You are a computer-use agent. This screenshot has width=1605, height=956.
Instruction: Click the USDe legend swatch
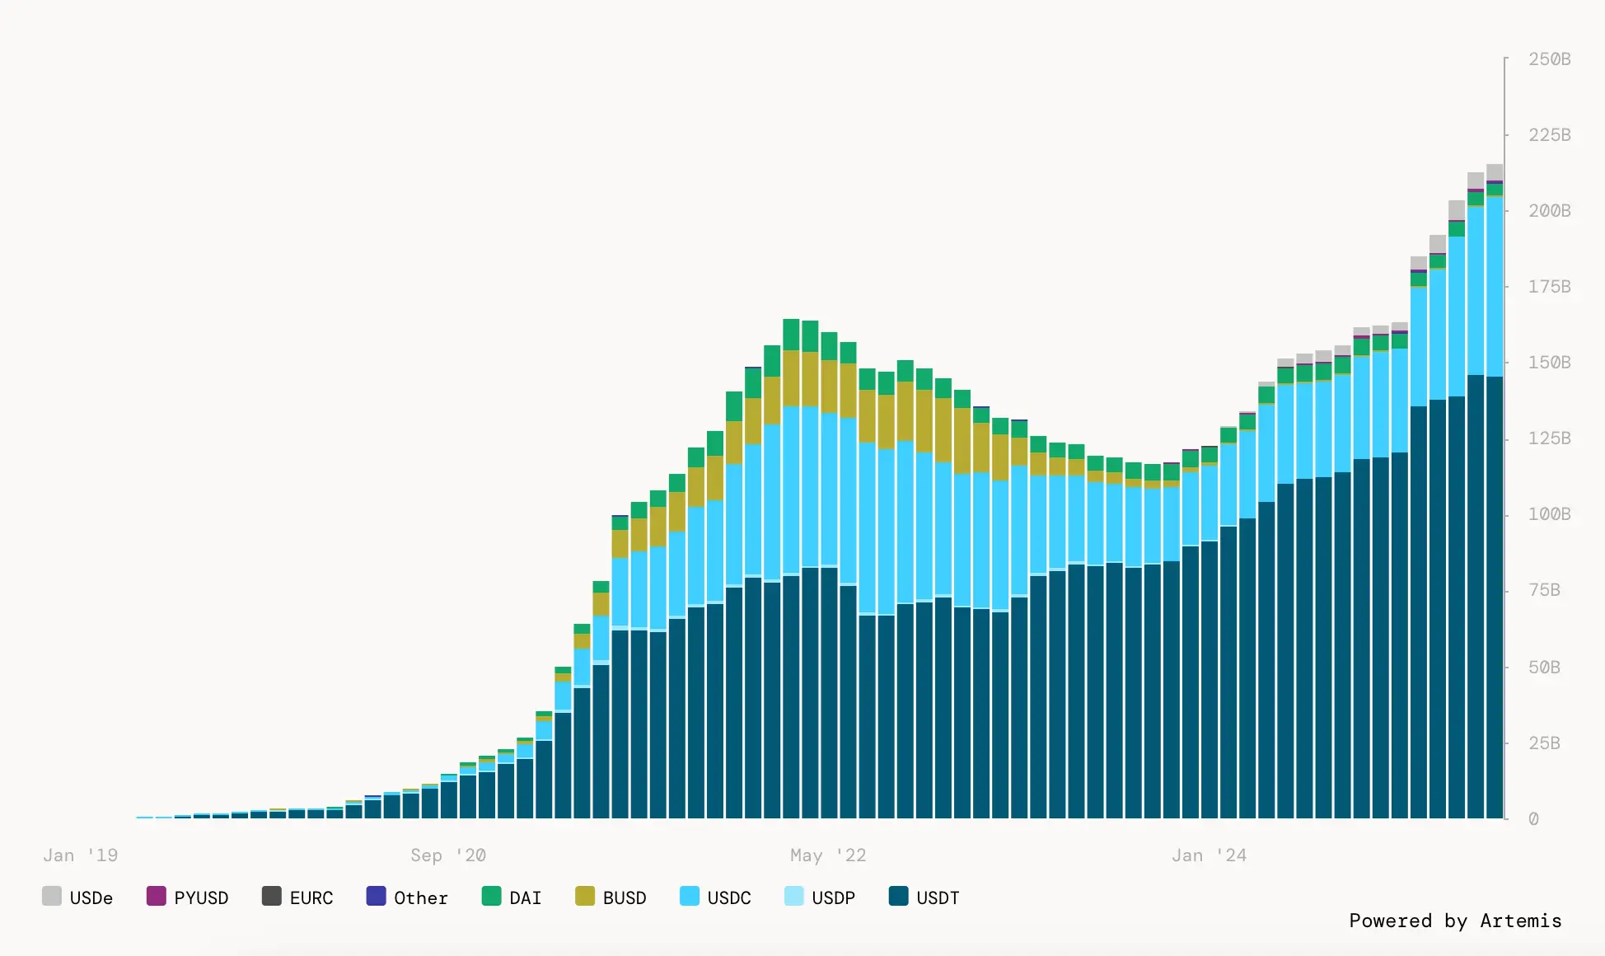[x=52, y=896]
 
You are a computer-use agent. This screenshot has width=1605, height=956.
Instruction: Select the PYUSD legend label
[x=201, y=897]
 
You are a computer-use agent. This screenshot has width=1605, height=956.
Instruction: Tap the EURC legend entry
[x=297, y=897]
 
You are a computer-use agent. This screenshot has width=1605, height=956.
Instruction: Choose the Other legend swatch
[x=376, y=896]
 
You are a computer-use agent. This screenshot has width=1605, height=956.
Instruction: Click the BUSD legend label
[x=625, y=897]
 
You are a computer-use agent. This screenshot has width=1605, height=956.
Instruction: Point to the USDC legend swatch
[x=690, y=896]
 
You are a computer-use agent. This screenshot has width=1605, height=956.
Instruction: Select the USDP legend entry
[x=820, y=897]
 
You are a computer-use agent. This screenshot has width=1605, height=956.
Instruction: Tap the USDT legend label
[x=938, y=897]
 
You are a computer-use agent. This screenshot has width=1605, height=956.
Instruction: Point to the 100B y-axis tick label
[x=1550, y=514]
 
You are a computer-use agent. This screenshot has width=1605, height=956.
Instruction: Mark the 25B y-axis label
[x=1544, y=743]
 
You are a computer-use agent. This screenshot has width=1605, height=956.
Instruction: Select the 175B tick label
[x=1550, y=287]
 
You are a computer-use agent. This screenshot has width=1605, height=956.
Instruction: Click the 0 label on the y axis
[x=1533, y=818]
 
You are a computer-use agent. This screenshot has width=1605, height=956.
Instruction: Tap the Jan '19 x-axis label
[x=81, y=855]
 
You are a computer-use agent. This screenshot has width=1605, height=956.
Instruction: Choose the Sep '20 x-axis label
[x=448, y=855]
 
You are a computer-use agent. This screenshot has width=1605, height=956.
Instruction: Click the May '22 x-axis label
[x=828, y=855]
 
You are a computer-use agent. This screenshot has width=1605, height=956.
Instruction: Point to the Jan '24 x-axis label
[x=1209, y=855]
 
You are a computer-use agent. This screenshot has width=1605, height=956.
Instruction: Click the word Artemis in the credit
[x=1521, y=921]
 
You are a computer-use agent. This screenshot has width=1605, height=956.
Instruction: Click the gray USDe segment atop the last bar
[x=1495, y=172]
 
